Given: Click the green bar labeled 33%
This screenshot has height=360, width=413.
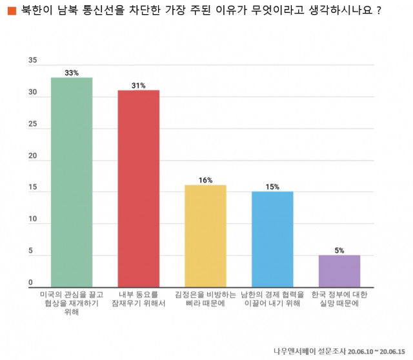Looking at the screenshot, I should [x=72, y=182].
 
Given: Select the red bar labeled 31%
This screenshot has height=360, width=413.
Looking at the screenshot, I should [x=138, y=188].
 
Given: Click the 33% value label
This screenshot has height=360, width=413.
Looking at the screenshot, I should [x=72, y=73].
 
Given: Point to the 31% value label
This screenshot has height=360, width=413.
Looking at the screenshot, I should [x=138, y=85].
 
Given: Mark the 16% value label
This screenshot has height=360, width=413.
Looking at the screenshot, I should [x=205, y=180].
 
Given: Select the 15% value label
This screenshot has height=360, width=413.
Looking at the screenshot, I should [x=272, y=186].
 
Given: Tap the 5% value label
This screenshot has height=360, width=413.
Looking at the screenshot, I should [x=339, y=250].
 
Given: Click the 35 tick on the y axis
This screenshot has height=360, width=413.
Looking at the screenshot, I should [x=33, y=61].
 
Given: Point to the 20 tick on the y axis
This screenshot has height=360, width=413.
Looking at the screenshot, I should [x=33, y=157].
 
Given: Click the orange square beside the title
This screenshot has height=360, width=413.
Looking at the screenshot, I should [x=11, y=11].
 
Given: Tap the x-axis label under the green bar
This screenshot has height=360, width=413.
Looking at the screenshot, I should [x=72, y=303].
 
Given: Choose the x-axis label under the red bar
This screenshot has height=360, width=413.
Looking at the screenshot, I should [x=138, y=299].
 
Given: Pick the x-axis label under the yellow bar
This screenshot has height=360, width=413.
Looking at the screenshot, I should [x=205, y=299].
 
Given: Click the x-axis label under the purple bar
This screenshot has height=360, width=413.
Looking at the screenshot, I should [x=339, y=299].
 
